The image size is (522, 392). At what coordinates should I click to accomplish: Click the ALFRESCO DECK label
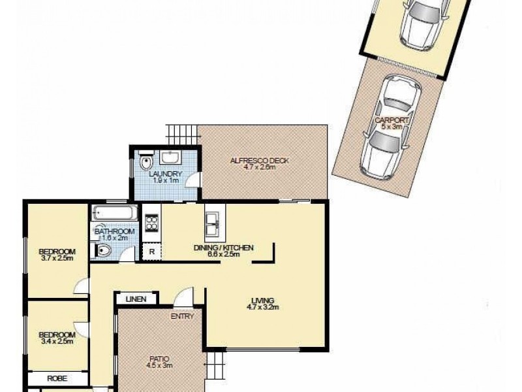(259, 161)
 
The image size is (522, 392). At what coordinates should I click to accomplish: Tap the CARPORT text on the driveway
(392, 120)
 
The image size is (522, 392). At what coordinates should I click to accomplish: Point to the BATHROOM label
(115, 231)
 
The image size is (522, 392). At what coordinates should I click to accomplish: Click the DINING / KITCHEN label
(223, 248)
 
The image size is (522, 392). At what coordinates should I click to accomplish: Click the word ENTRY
(183, 317)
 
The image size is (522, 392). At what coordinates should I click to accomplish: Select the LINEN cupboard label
(136, 299)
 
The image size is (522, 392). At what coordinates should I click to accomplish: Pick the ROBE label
(58, 378)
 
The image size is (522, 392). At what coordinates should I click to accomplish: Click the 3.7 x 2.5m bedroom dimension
(57, 259)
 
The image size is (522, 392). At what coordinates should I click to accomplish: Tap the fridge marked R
(151, 251)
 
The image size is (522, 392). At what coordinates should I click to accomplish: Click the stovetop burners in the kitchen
(151, 223)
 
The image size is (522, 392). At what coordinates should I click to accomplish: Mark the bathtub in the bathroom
(115, 213)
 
